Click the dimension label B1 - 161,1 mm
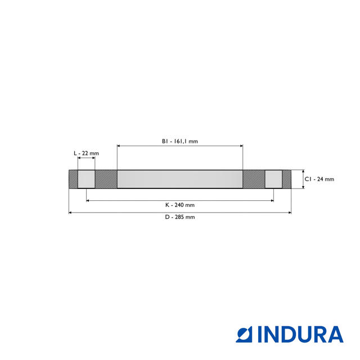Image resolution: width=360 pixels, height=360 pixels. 180,141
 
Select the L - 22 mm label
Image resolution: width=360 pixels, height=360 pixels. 86,153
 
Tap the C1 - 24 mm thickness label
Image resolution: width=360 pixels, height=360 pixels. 319,179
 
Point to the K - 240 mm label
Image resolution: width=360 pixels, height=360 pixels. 180,205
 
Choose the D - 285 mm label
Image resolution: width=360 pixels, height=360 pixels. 180,217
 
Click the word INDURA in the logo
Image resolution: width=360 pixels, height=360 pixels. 300,335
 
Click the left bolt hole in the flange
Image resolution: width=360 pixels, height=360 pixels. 86,179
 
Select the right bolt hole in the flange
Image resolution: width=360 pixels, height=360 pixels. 273,179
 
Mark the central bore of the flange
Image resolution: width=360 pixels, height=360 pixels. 180,179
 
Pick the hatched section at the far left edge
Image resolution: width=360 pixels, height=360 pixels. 73,179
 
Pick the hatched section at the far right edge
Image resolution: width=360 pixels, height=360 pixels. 286,179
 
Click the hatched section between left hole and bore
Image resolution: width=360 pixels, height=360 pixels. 106,179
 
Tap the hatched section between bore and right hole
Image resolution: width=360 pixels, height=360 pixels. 254,179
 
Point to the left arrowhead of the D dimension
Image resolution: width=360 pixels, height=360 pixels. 70,213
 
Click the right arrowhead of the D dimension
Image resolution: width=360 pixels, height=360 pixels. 290,213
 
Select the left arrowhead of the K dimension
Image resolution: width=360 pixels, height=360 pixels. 88,200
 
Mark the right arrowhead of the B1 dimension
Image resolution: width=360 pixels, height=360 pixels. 241,146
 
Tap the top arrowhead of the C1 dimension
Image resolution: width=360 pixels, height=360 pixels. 303,172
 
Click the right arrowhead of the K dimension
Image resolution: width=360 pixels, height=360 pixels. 272,200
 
